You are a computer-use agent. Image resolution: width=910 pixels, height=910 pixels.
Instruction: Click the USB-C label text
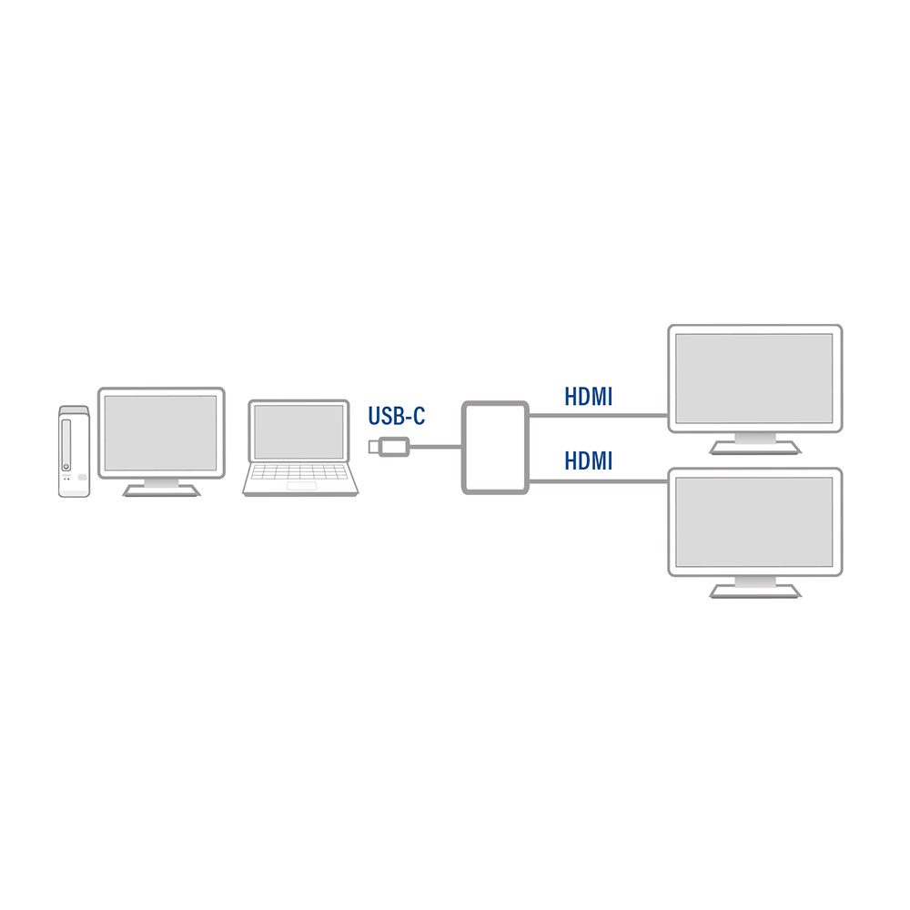click(x=397, y=416)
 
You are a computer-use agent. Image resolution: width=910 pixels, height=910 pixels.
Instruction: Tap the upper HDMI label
click(x=589, y=397)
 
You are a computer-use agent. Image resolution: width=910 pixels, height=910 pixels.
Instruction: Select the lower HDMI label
click(x=589, y=460)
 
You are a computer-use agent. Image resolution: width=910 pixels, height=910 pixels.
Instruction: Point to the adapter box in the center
click(x=495, y=448)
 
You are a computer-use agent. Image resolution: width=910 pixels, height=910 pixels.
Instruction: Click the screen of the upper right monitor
click(x=753, y=379)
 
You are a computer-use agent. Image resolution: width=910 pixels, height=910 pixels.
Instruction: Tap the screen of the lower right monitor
click(x=753, y=521)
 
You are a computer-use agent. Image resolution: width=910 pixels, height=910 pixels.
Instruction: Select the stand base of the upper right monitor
click(x=754, y=448)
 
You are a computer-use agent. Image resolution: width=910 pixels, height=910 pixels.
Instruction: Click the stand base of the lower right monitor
click(x=754, y=591)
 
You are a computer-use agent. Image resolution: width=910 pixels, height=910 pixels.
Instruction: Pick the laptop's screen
click(x=298, y=431)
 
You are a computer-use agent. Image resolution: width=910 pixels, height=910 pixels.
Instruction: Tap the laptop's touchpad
click(x=301, y=486)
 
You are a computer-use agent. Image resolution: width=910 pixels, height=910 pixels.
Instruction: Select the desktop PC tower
click(x=75, y=451)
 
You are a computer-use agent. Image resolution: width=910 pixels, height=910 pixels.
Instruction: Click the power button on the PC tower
click(x=66, y=467)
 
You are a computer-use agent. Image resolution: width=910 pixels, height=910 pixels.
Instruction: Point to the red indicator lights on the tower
click(x=66, y=479)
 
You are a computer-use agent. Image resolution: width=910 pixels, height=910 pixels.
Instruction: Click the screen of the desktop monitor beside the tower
click(x=161, y=433)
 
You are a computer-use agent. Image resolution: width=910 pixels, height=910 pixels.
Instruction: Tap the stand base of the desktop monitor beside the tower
click(x=161, y=491)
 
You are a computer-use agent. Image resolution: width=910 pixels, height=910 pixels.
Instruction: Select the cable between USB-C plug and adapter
click(x=435, y=446)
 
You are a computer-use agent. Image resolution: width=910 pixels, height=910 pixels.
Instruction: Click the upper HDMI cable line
click(x=599, y=415)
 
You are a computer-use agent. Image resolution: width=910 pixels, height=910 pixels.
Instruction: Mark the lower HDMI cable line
click(x=599, y=480)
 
